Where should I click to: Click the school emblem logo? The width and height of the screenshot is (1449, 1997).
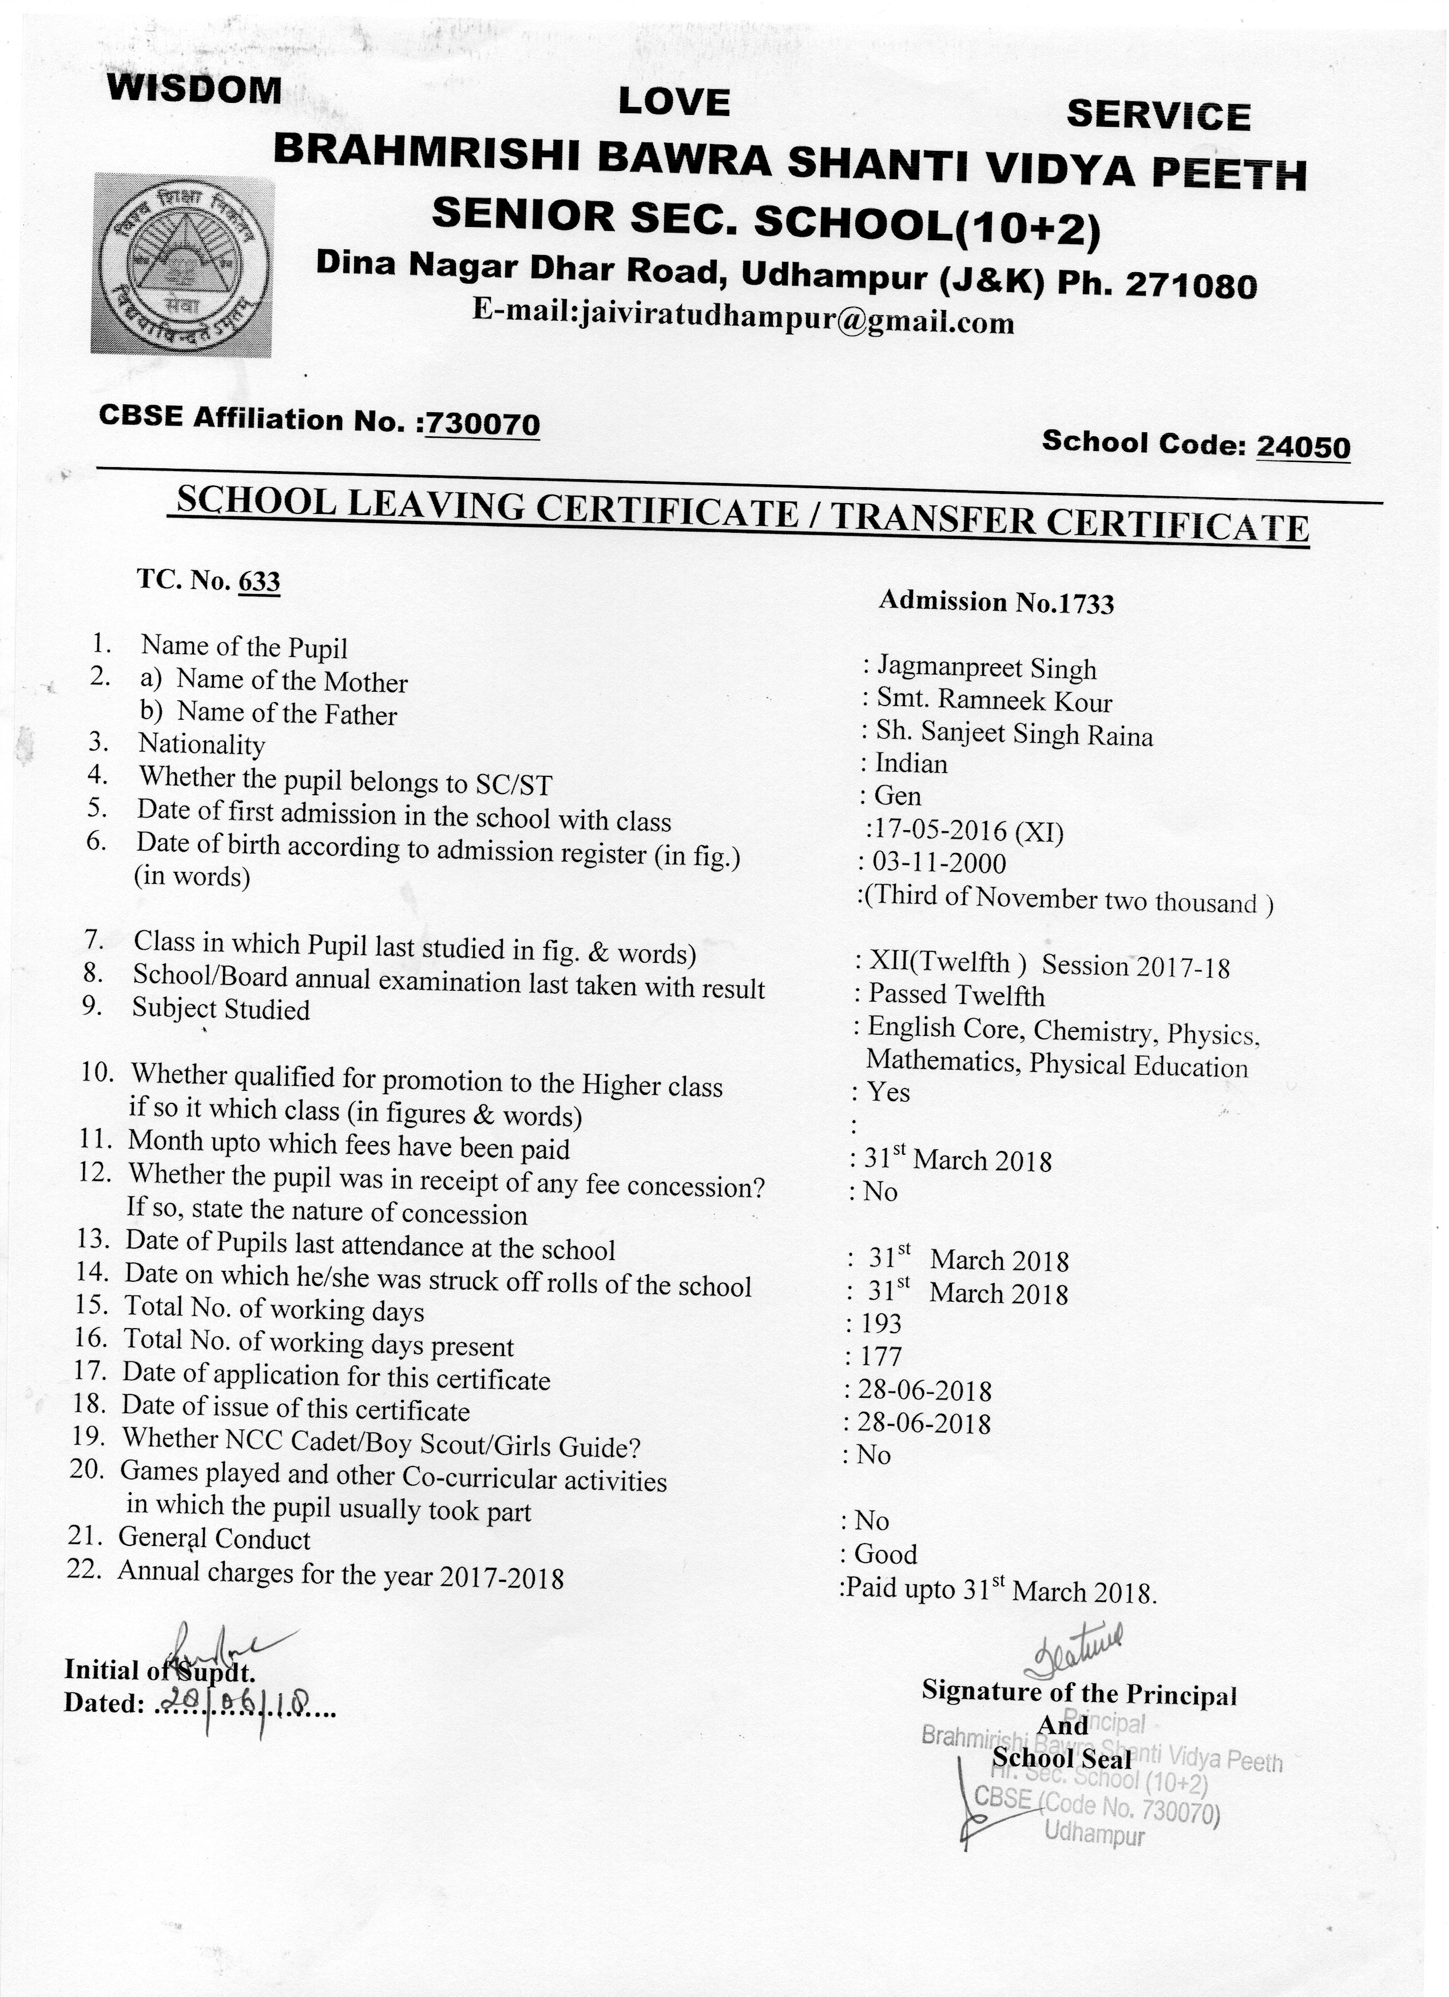click(182, 262)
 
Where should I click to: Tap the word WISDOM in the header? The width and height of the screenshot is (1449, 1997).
click(194, 90)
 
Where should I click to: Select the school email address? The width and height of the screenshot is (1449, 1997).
click(744, 317)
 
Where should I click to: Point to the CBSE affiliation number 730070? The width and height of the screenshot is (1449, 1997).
click(482, 424)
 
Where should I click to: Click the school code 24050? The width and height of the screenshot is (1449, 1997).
click(1303, 447)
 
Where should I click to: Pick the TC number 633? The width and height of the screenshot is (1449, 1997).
click(259, 582)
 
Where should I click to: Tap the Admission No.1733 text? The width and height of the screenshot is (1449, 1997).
click(997, 602)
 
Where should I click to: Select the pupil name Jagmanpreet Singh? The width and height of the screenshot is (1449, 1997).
click(986, 669)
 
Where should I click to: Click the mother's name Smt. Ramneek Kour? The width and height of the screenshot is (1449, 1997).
click(994, 701)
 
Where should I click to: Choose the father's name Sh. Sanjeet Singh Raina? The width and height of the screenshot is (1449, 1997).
click(1013, 734)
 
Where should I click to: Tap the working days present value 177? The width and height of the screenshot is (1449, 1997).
click(881, 1357)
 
